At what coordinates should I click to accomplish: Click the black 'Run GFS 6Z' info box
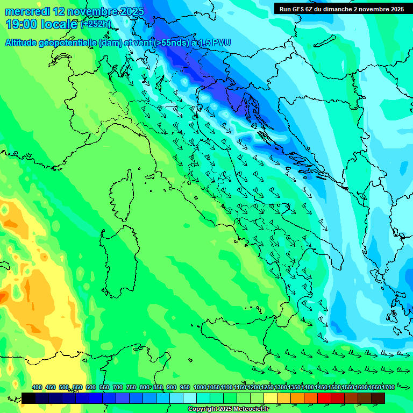340,9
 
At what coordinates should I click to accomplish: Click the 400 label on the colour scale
37,387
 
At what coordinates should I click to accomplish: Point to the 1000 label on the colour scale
200,387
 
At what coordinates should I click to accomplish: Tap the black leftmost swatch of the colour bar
29,398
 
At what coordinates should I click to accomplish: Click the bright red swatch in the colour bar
324,398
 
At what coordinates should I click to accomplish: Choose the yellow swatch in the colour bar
270,398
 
